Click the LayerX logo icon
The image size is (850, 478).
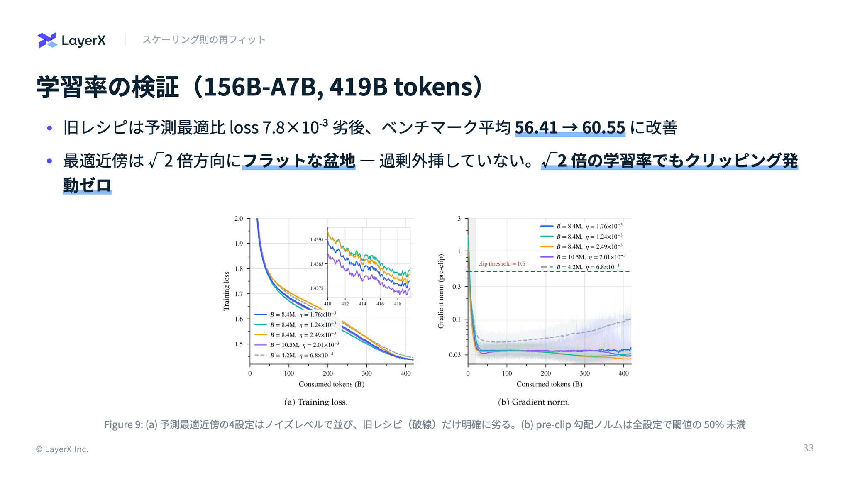point(47,40)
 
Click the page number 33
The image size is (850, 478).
point(808,448)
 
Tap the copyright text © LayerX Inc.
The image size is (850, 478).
point(62,449)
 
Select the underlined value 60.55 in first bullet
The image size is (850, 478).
point(603,127)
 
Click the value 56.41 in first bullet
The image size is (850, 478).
point(536,127)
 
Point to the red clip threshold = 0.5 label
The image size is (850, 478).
point(501,264)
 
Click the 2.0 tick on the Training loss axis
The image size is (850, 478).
point(239,219)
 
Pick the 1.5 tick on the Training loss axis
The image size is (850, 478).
point(239,344)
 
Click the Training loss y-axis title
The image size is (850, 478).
point(227,291)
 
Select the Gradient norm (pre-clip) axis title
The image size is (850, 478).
point(441,291)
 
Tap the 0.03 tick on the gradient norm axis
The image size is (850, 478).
point(455,355)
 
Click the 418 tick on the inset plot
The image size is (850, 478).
point(398,304)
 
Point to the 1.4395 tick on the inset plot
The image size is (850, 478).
point(317,240)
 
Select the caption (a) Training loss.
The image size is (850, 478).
point(316,402)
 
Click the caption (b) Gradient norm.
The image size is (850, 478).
point(534,402)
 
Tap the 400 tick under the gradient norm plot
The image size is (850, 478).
point(624,373)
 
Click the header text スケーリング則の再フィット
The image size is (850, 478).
point(204,40)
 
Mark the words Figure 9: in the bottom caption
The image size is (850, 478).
point(124,424)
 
